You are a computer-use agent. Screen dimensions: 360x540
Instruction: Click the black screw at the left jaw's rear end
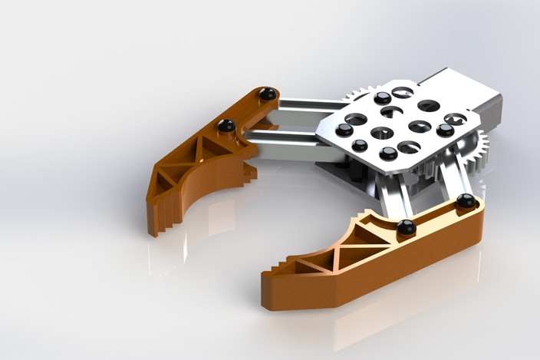(x=268, y=94)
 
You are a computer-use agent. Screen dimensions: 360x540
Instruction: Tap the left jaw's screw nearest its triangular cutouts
(x=226, y=125)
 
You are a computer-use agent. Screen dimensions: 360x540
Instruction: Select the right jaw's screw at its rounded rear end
(x=466, y=201)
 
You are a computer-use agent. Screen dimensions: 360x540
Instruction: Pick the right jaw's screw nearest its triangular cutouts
(x=406, y=226)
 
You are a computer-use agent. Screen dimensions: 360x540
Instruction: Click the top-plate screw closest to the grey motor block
(x=445, y=130)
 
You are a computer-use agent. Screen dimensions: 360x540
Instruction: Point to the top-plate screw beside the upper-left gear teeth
(x=381, y=97)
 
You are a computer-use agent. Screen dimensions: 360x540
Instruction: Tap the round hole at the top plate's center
(x=381, y=133)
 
